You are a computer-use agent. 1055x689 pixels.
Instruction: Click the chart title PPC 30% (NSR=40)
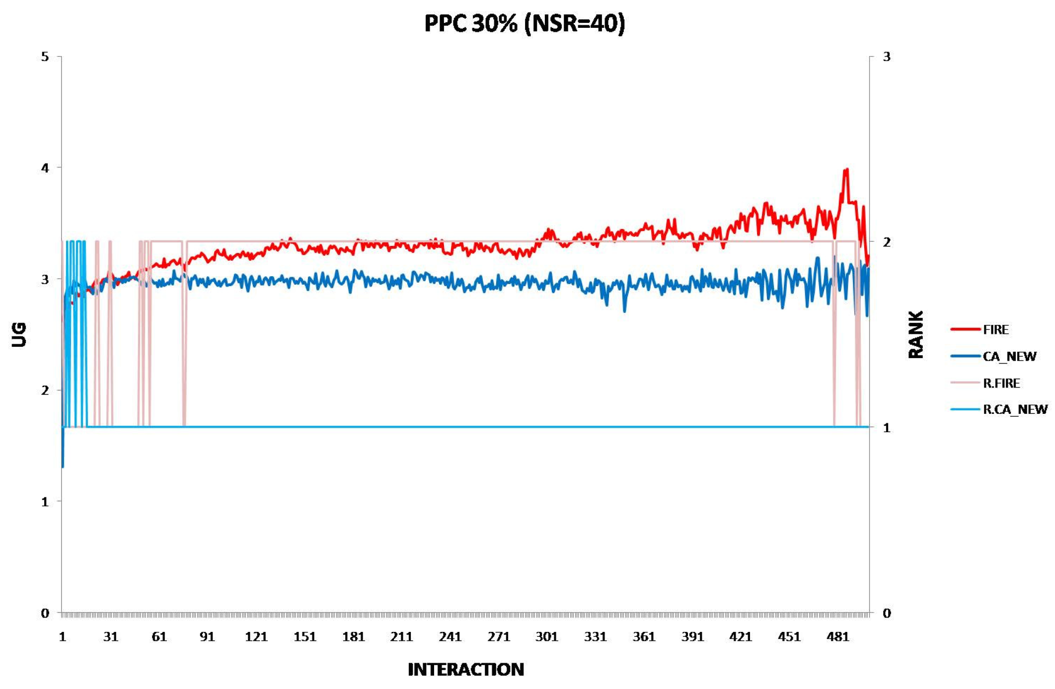525,23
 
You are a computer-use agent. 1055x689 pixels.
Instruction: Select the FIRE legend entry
995,329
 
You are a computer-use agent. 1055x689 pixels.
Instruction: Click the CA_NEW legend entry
1009,356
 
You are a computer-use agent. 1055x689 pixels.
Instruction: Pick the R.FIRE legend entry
1001,383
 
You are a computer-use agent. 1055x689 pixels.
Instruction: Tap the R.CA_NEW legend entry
1015,409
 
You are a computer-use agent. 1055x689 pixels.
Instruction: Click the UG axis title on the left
19,334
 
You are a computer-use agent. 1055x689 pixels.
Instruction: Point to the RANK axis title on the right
915,334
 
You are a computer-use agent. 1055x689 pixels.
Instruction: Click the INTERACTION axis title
465,670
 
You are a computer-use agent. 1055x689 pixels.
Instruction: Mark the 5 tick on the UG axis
45,57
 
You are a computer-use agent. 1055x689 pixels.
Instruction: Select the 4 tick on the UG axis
45,168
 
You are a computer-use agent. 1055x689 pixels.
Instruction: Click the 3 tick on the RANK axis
887,57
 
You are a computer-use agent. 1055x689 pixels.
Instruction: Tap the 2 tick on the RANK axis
887,242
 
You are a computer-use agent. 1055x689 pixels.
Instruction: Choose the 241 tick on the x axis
450,637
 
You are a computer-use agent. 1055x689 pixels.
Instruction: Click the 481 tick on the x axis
838,637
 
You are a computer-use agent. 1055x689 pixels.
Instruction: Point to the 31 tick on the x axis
111,637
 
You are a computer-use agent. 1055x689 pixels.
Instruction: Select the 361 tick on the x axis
644,637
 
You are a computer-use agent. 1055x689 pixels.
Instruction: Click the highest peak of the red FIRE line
846,169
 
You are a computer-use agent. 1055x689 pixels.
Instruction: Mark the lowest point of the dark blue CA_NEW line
63,467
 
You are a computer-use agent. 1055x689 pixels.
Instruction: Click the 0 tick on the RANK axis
887,613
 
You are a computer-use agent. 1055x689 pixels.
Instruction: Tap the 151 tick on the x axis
304,637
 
